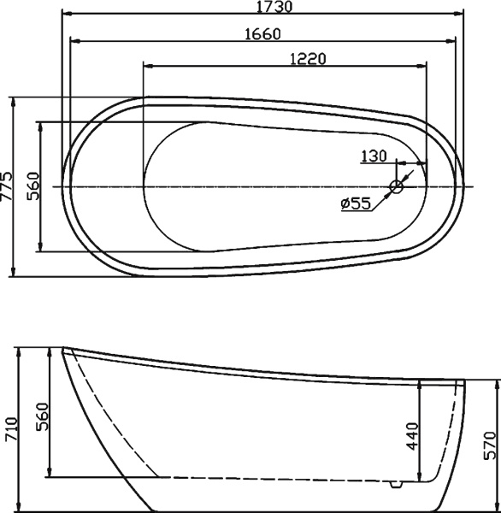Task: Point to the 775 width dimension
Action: coord(9,186)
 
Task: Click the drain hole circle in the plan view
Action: coord(398,186)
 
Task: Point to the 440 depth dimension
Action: coord(411,437)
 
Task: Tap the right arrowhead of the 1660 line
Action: coord(453,40)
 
